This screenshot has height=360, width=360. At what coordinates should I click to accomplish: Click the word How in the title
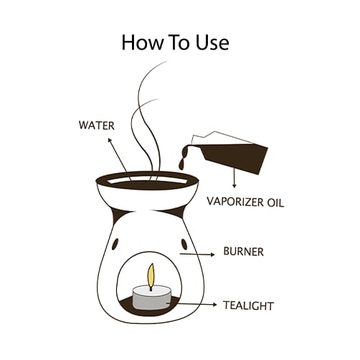pos(142,42)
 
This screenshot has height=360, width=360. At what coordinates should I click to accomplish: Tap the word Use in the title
pos(212,42)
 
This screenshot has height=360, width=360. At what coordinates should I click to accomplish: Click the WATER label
pos(97,125)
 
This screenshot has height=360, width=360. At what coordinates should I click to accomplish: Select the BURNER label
pos(243,252)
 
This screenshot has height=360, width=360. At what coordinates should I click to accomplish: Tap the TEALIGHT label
pos(248,305)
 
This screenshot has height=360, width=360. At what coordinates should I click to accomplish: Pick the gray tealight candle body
pos(151,298)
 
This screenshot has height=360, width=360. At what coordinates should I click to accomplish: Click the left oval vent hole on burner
pos(115,244)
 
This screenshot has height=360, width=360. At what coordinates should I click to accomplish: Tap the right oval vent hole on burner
pos(184,244)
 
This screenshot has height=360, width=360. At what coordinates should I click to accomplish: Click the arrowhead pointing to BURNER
pos(212,255)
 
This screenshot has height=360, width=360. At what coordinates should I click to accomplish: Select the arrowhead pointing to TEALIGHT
pos(214,305)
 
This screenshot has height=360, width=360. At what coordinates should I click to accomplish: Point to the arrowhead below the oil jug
pos(235,185)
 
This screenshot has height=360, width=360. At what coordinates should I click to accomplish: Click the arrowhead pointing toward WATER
pos(110,141)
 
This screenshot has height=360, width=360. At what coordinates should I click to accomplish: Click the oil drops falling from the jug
pos(182,160)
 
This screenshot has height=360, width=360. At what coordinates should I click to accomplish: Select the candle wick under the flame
pos(151,288)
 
